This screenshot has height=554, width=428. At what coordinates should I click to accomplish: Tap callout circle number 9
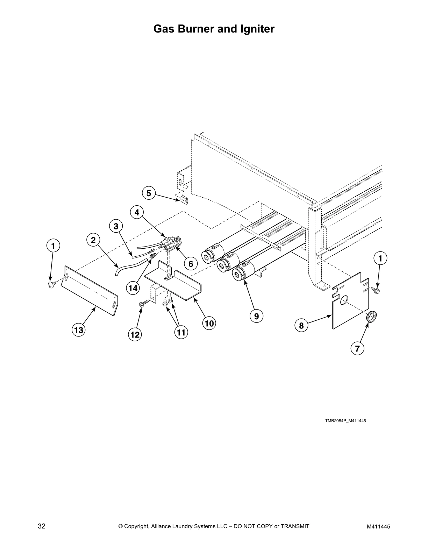256,316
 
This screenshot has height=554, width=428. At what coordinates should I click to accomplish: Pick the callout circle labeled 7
357,348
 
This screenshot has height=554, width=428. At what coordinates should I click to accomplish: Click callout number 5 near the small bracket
149,193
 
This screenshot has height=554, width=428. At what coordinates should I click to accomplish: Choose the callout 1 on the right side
380,258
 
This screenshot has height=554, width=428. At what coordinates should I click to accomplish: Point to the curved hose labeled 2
129,264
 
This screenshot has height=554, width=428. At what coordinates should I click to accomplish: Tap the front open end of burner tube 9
240,274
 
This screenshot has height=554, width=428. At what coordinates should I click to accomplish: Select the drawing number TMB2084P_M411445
345,421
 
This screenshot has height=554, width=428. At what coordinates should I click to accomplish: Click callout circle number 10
209,323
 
